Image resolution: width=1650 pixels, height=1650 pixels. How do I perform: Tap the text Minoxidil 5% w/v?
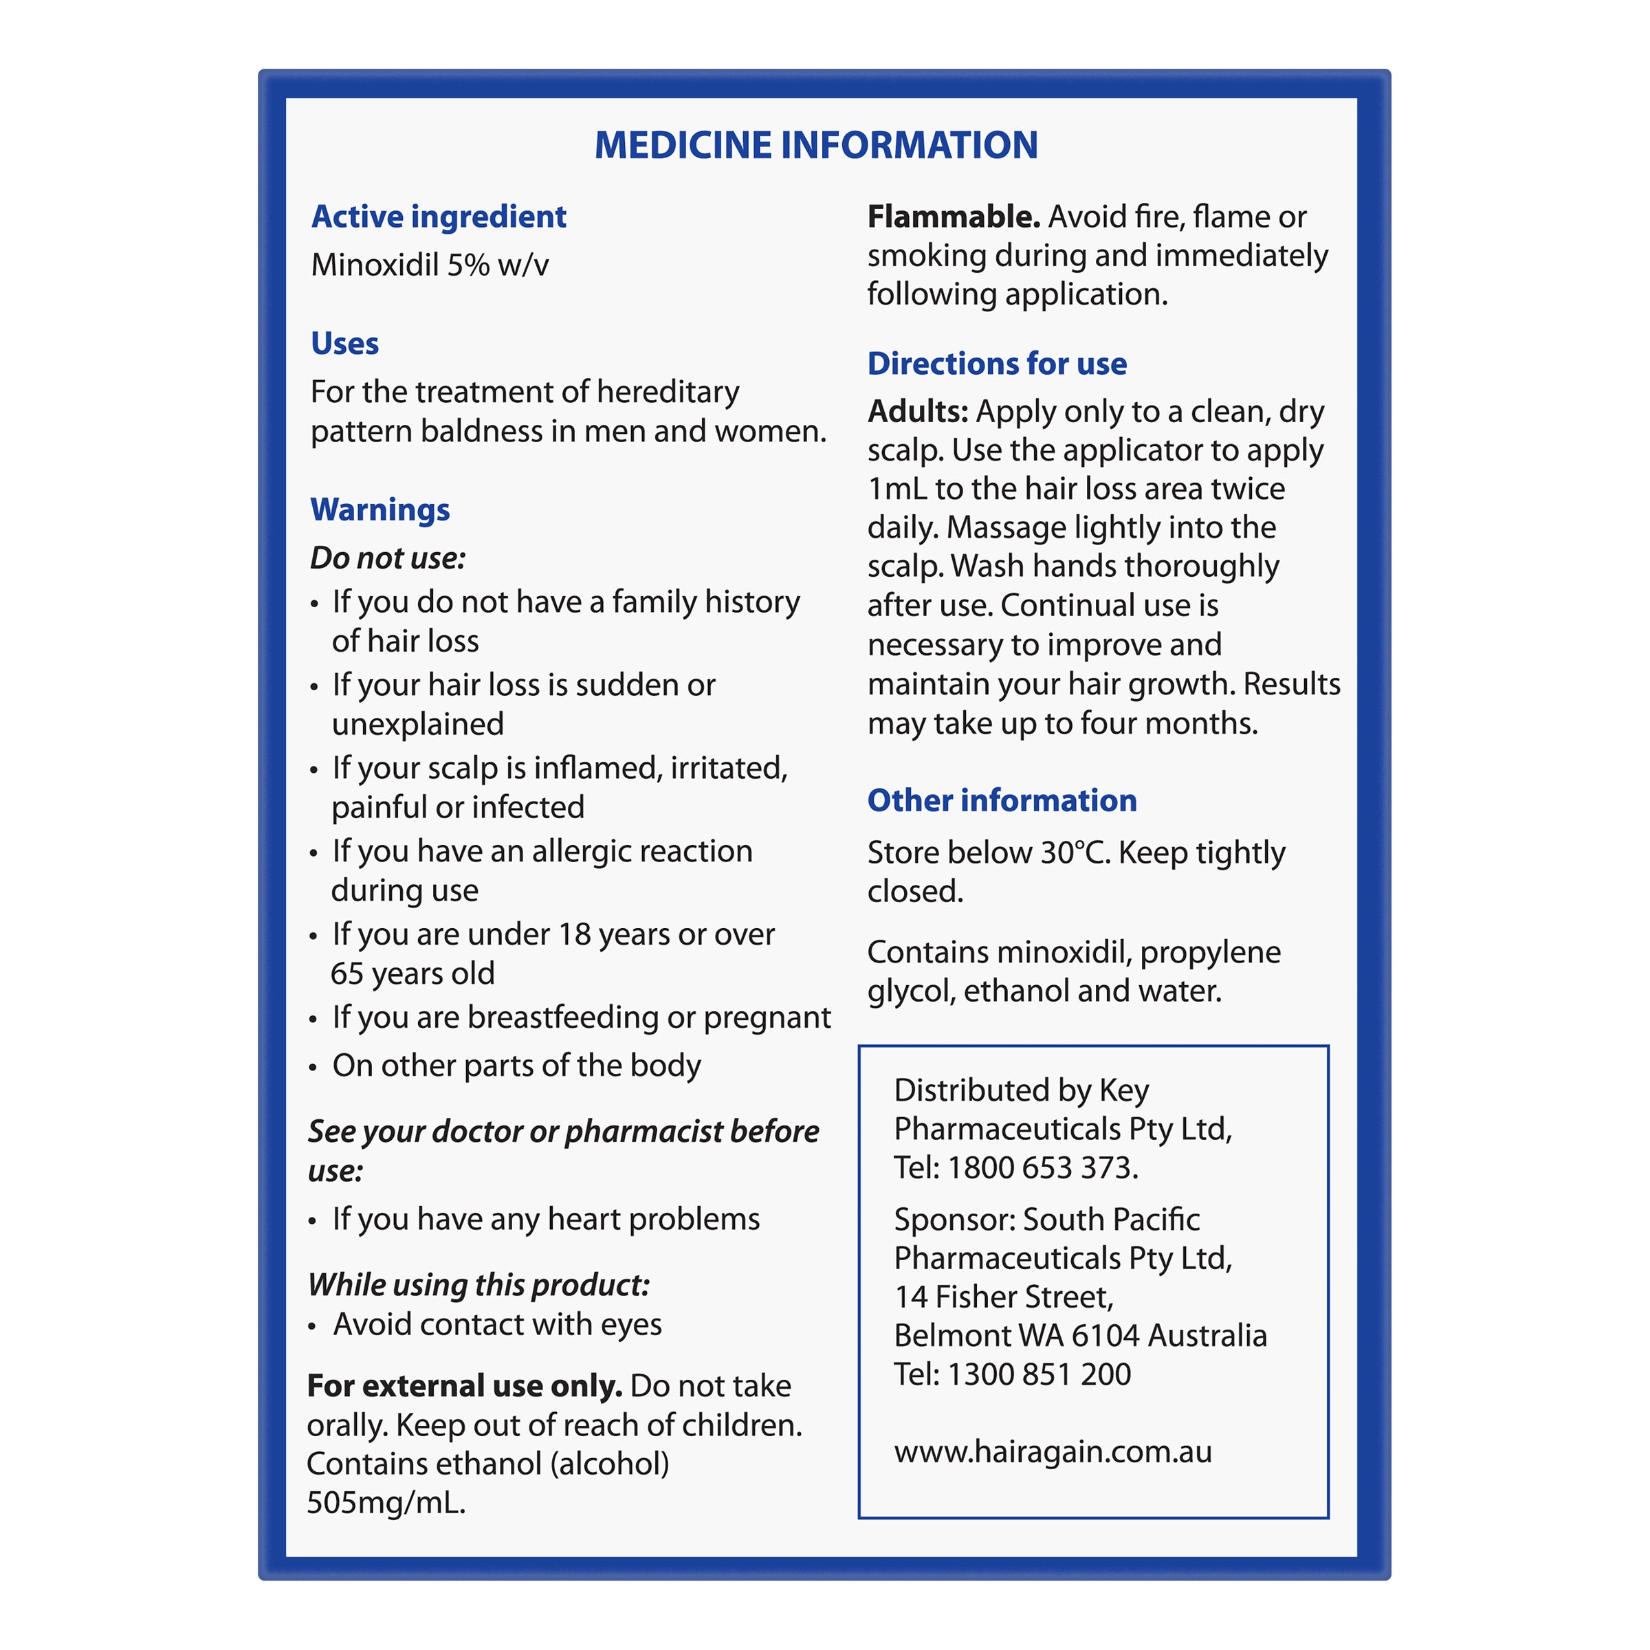coord(430,265)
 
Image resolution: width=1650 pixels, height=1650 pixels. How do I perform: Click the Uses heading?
coord(344,343)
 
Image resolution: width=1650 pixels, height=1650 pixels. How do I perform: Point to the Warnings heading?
coord(380,510)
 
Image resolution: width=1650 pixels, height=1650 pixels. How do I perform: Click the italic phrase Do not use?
coord(388,558)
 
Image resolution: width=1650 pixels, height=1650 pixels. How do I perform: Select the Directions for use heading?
coord(997,364)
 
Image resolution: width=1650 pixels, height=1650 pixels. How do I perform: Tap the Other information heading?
coord(1002,800)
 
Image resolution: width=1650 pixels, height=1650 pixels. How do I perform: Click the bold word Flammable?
coord(953,217)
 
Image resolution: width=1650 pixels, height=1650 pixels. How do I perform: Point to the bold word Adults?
coord(917,412)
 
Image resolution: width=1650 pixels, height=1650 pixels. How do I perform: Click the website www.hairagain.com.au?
coord(1052,1451)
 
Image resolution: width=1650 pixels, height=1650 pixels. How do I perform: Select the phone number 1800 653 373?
coord(1043,1167)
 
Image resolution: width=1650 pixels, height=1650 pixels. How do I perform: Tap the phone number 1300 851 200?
coord(1039,1374)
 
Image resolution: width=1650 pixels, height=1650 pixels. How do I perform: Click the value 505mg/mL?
coord(386,1502)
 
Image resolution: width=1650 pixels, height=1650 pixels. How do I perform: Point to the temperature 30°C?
coord(1075,852)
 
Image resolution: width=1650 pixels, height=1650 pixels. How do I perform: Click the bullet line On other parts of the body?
coord(516,1065)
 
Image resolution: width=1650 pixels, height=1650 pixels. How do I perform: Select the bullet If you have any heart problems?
coord(545,1219)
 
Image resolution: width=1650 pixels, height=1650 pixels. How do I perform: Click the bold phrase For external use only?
coord(465,1385)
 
